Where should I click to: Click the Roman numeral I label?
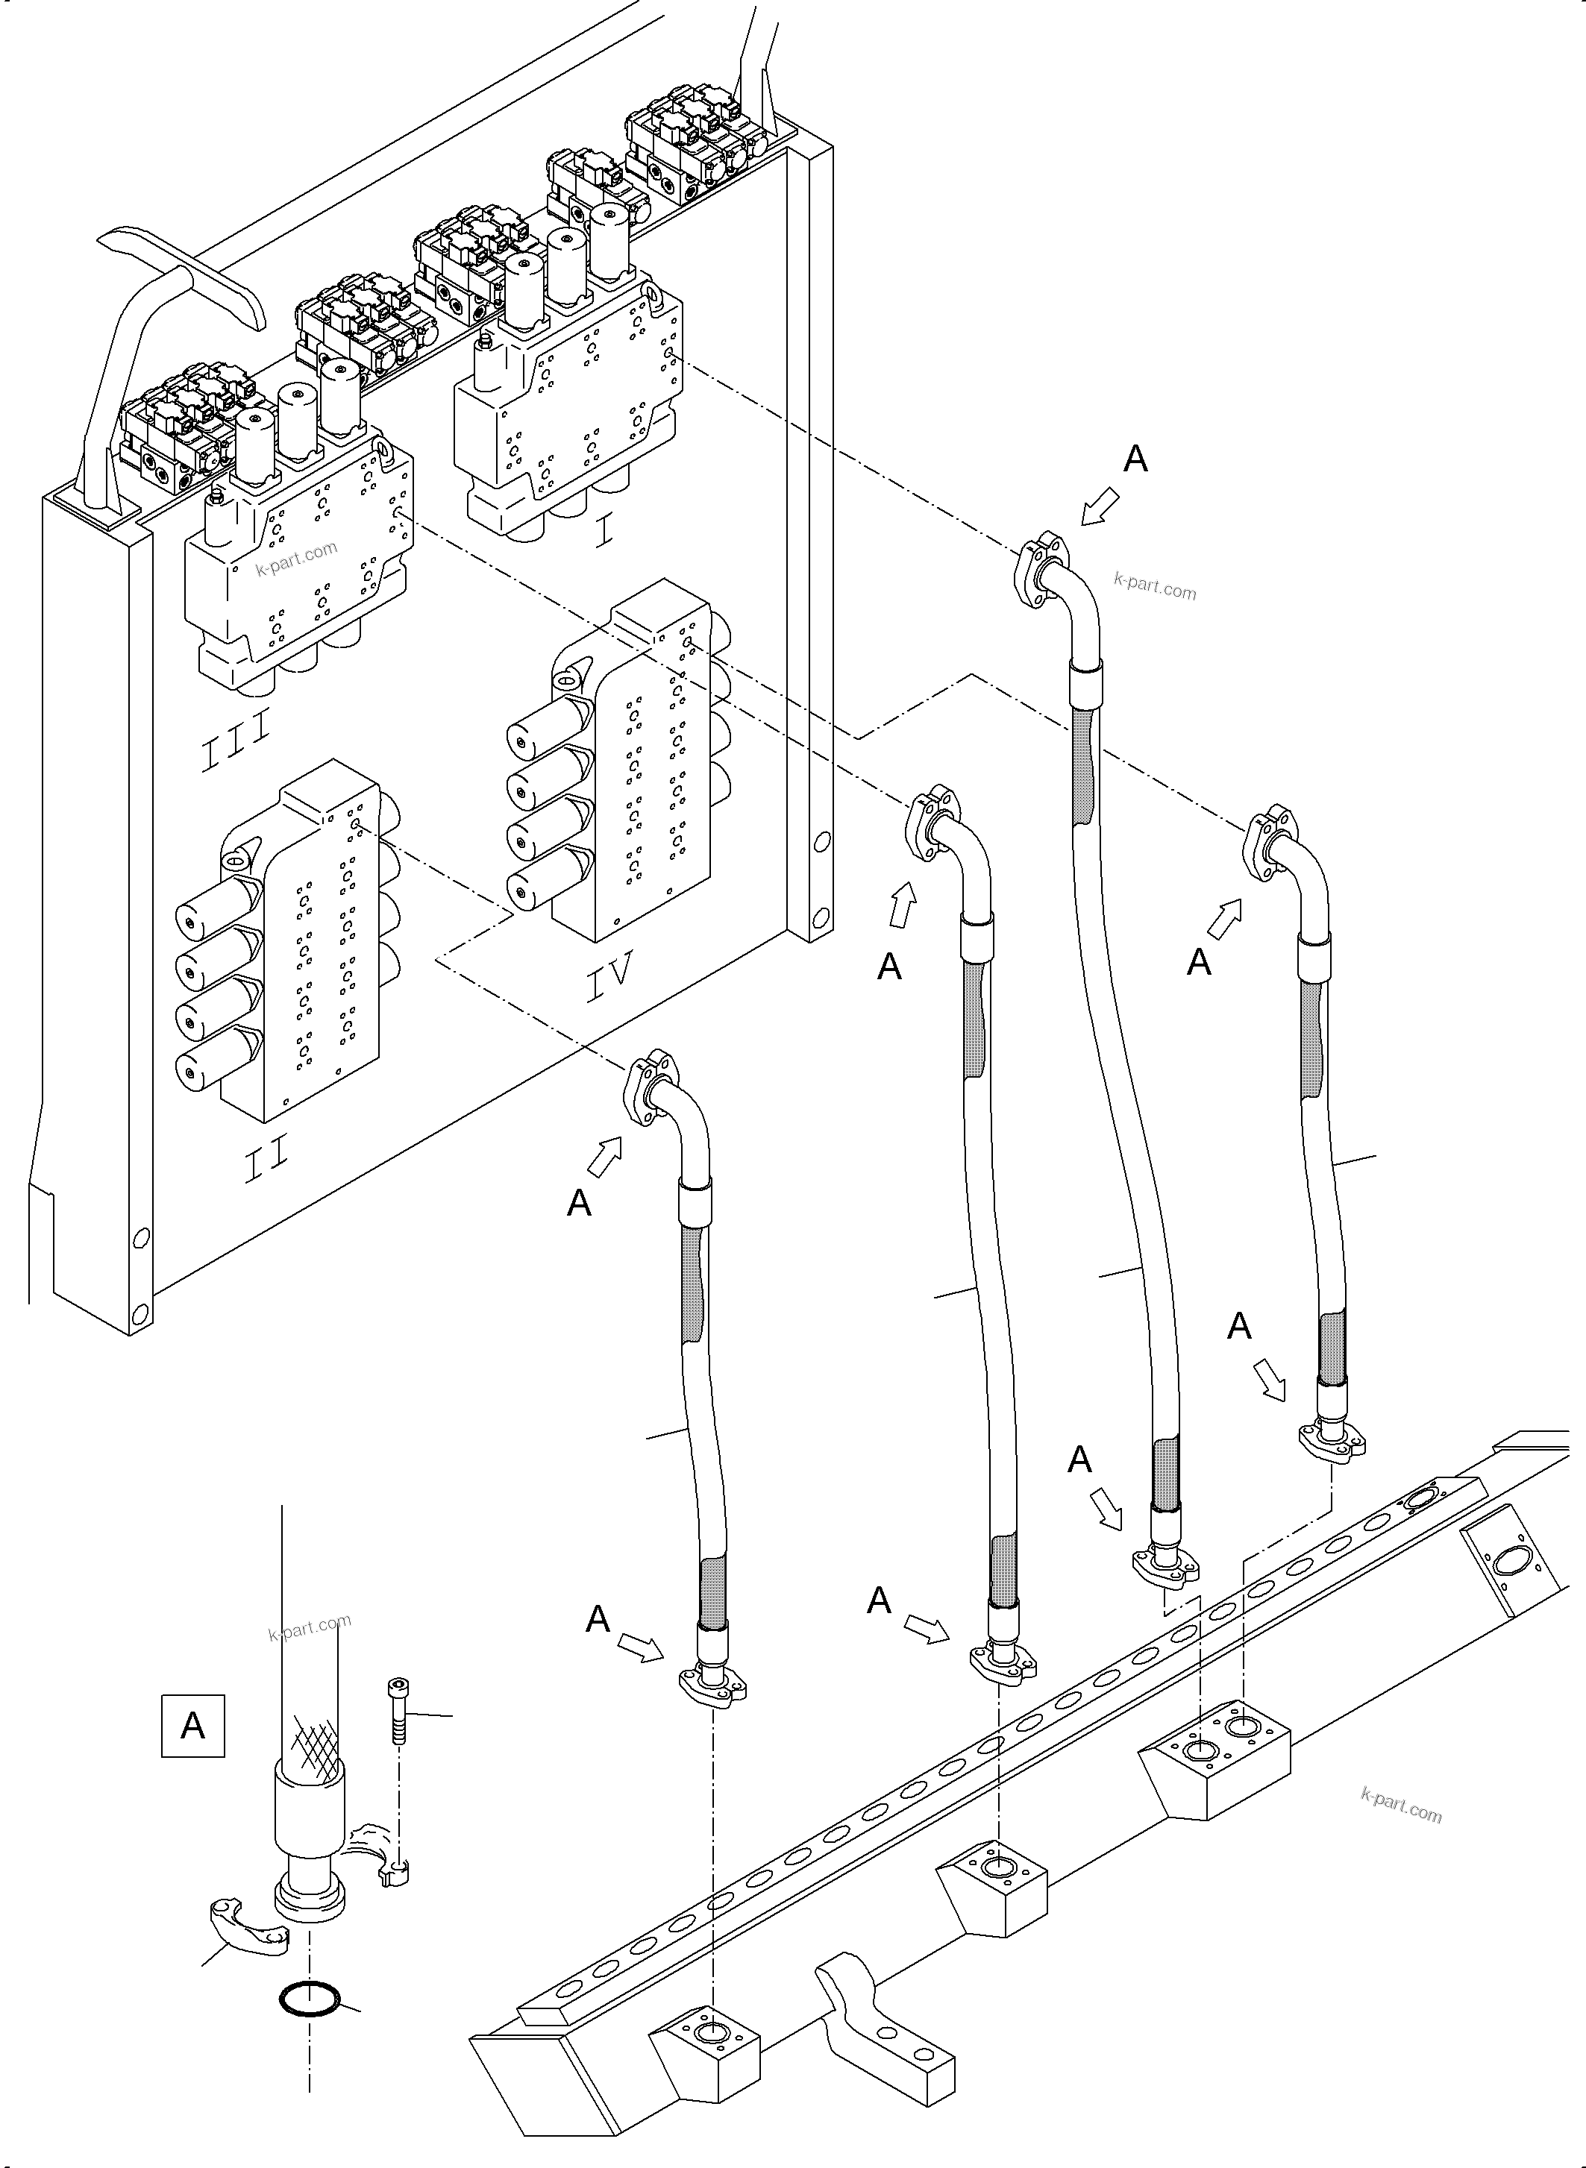point(603,532)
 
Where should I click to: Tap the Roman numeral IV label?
point(609,975)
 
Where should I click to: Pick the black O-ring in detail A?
point(309,2000)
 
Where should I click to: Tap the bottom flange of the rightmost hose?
point(1332,1442)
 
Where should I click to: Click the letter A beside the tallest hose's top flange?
point(1135,459)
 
